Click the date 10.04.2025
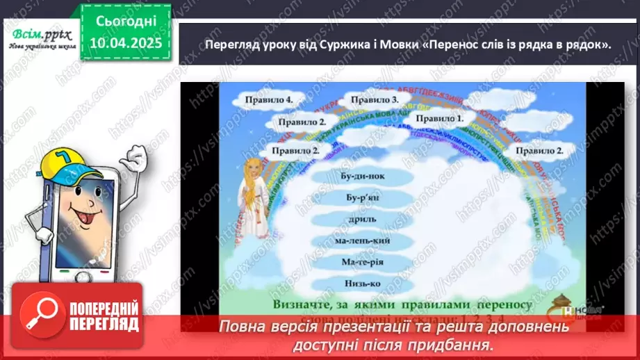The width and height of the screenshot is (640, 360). pos(126,44)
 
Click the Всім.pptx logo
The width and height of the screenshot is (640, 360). pos(40,33)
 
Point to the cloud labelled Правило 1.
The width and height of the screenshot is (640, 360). pos(440,119)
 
